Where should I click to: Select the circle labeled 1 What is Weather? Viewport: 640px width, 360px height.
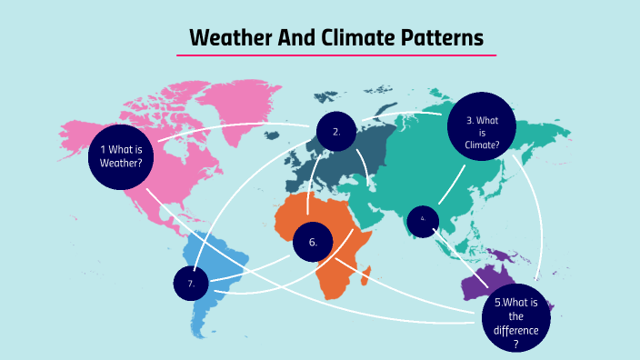point(121,156)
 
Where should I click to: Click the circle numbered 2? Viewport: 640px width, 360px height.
point(336,132)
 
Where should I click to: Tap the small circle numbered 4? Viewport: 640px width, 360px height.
point(423,219)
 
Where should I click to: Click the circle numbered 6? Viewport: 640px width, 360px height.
point(313,242)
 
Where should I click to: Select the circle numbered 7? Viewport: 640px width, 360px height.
point(191,284)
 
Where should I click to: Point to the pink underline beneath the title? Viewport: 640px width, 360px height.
point(336,55)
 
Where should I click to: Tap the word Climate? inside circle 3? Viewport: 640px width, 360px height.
point(483,144)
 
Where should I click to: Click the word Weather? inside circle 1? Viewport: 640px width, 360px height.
point(121,164)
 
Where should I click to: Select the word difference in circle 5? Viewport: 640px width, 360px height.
point(516,330)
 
